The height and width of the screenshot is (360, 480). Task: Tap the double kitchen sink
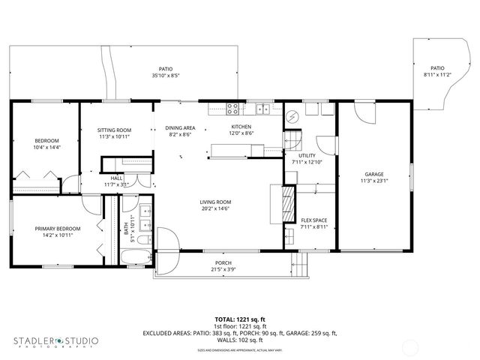pyautogui.click(x=262, y=109)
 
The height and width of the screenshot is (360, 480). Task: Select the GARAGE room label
pyautogui.click(x=373, y=174)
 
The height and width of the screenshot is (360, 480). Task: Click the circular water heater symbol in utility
pyautogui.click(x=292, y=117)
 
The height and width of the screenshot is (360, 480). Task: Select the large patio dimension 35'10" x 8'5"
pyautogui.click(x=165, y=75)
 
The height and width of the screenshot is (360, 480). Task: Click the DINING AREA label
pyautogui.click(x=180, y=127)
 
